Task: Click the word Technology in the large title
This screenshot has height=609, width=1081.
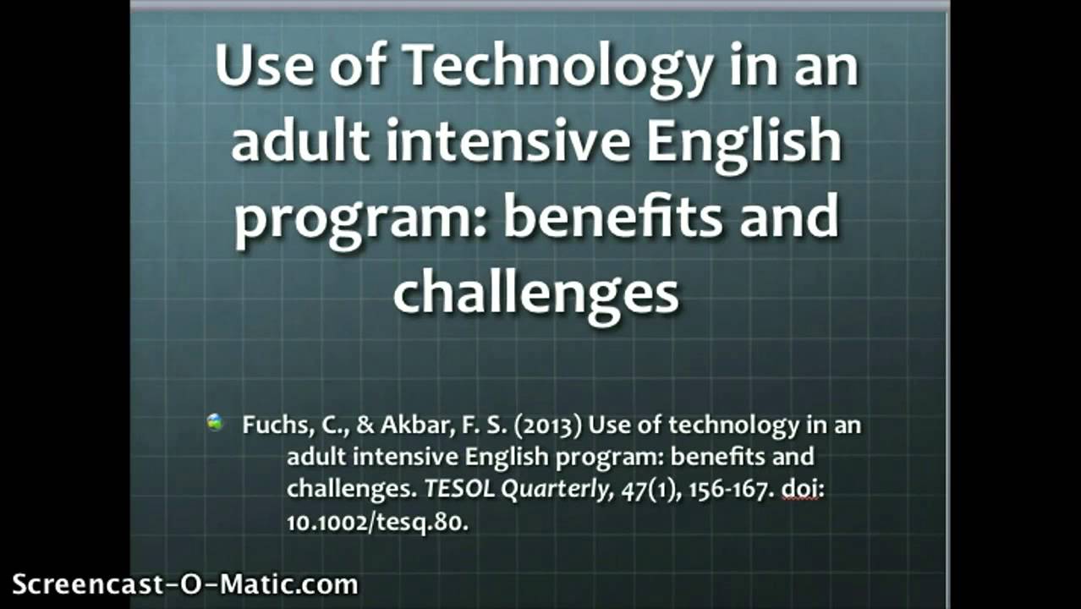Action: coord(558,68)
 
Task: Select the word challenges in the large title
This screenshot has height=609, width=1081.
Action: coord(535,293)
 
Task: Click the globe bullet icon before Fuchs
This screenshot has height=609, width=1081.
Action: coord(216,422)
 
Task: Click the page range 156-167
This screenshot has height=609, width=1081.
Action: coord(722,490)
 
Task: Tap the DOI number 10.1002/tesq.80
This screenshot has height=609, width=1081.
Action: coord(377,522)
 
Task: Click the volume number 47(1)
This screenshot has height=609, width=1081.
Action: coord(650,490)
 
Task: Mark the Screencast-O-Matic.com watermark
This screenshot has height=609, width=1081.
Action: coord(185,584)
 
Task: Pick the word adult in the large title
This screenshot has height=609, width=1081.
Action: coord(300,141)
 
